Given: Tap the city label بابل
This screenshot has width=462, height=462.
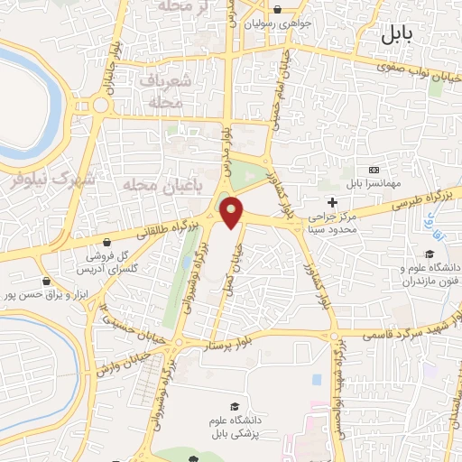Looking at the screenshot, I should pos(395,36).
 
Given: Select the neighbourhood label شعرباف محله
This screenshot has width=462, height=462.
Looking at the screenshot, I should pos(163,92).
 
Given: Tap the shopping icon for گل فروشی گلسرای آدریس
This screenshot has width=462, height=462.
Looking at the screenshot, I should pos(108,242).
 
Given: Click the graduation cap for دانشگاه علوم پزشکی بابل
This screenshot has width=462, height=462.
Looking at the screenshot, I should pos(236,407).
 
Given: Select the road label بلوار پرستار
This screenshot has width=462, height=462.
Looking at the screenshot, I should pos(267,338).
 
